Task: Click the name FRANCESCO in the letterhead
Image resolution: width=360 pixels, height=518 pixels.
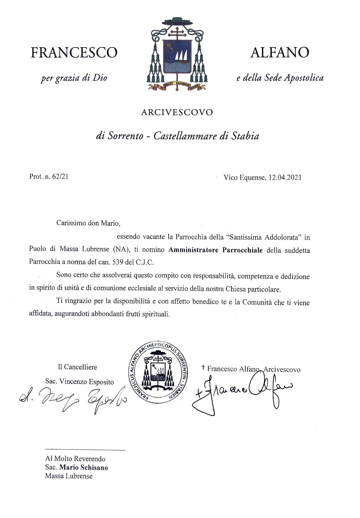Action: tap(74, 52)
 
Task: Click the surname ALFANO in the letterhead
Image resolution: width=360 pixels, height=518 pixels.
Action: tap(280, 52)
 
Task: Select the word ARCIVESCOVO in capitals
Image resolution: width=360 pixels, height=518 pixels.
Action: tap(177, 112)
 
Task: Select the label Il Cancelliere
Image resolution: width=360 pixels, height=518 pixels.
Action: tap(77, 367)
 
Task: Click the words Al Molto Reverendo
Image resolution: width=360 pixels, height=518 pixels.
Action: tap(75, 459)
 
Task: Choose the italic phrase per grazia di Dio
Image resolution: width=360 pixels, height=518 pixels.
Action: tap(74, 78)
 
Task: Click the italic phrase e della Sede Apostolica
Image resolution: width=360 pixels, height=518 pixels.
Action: tap(280, 78)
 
